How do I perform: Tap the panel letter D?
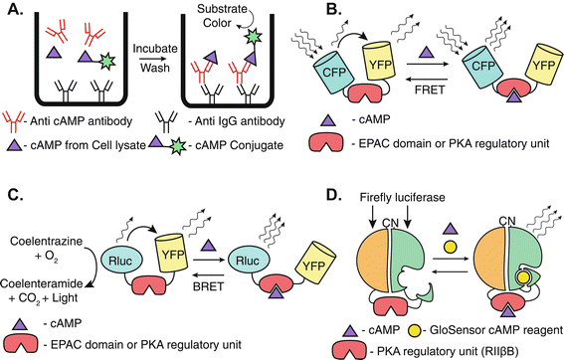pyautogui.click(x=334, y=195)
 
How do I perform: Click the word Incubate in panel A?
pyautogui.click(x=155, y=48)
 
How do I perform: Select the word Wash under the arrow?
pyautogui.click(x=155, y=68)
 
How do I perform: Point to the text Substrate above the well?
pyautogui.click(x=222, y=9)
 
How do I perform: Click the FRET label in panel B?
pyautogui.click(x=430, y=90)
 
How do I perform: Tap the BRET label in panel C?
pyautogui.click(x=208, y=286)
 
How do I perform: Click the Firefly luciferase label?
pyautogui.click(x=402, y=197)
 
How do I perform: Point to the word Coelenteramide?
pyautogui.click(x=42, y=283)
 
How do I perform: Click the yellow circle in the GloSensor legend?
pyautogui.click(x=414, y=330)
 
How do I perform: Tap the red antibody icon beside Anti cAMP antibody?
pyautogui.click(x=14, y=122)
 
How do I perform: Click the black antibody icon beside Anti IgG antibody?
pyautogui.click(x=166, y=121)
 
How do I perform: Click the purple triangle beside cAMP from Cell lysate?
pyautogui.click(x=14, y=145)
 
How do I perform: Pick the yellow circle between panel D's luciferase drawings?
pyautogui.click(x=450, y=247)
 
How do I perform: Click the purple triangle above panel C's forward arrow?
pyautogui.click(x=209, y=246)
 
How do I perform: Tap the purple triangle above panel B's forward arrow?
pyautogui.click(x=427, y=52)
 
